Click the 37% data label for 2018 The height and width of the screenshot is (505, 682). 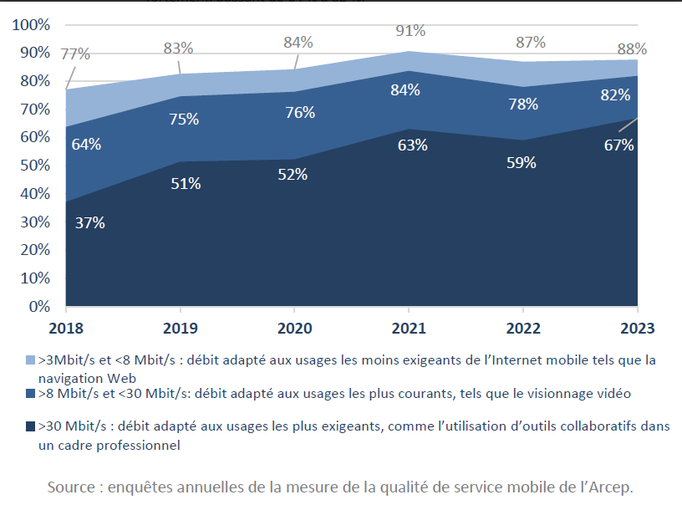click(x=89, y=223)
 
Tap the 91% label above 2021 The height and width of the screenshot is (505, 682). click(x=410, y=31)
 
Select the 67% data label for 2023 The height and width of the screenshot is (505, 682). click(x=619, y=145)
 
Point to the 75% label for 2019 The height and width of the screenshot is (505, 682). click(x=184, y=120)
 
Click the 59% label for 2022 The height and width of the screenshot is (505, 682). click(x=521, y=163)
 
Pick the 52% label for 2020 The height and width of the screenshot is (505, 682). click(x=293, y=175)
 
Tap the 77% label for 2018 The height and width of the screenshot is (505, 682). click(x=75, y=54)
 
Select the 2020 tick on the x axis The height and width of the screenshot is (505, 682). click(x=292, y=327)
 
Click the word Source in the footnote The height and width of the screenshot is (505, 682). click(x=71, y=487)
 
